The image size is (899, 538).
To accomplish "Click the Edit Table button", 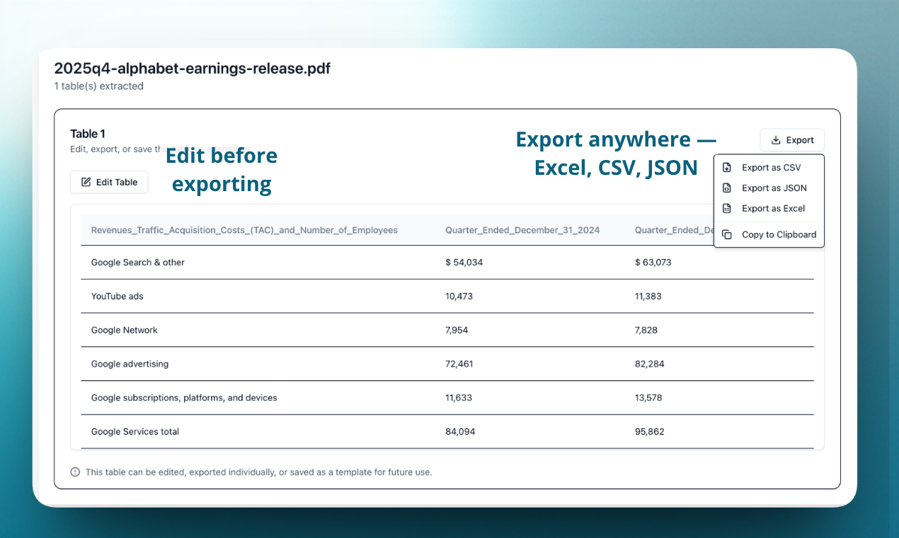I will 109,182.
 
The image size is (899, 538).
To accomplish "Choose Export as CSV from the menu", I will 771,168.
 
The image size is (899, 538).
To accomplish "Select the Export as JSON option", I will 774,188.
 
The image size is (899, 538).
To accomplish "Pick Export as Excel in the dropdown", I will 773,209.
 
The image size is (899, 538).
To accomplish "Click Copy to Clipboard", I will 779,235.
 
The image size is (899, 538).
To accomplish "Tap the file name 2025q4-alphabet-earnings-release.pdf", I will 193,69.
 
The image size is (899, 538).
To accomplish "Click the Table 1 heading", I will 88,134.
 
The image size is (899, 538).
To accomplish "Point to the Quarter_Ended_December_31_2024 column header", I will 522,230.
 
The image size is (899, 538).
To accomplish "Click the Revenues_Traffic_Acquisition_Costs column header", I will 244,230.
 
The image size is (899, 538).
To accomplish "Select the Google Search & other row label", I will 138,263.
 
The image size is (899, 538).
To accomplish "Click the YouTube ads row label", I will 118,297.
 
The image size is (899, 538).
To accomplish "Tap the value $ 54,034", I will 464,263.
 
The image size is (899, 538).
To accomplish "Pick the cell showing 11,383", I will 648,297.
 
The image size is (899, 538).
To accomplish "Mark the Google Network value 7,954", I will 457,331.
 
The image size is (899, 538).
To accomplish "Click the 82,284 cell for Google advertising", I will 650,365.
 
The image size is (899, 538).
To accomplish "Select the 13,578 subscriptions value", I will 648,398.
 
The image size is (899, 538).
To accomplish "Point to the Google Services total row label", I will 135,432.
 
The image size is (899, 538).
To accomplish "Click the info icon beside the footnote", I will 75,472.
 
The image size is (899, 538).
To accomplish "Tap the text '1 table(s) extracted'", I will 99,86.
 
